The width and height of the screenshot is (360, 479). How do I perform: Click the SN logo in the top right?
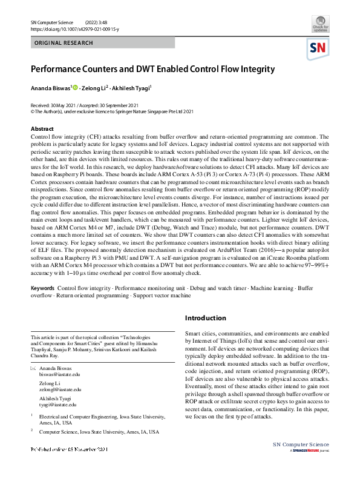coord(320,48)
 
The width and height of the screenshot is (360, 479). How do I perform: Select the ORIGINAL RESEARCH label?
coord(64,43)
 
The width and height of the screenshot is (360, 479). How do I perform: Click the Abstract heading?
coord(42,129)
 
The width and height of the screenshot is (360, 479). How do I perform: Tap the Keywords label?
coord(42,288)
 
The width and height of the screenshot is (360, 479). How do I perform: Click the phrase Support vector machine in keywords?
coord(159,296)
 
